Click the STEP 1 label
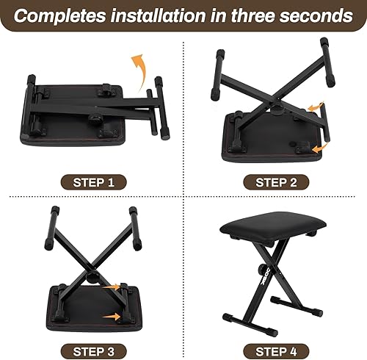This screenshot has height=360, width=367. click(92, 181)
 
